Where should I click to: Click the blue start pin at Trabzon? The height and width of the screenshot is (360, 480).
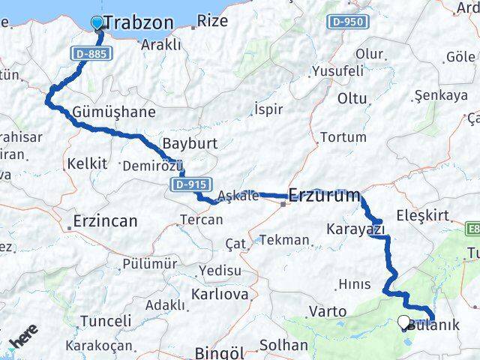[x=97, y=22]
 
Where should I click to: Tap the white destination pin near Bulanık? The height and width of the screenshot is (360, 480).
[x=404, y=322]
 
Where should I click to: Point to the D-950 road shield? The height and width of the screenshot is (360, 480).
[x=347, y=22]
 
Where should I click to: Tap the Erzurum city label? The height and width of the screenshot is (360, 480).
[x=324, y=196]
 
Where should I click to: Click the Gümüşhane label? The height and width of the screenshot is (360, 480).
[x=114, y=112]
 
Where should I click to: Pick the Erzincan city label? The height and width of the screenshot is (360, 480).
[x=105, y=221]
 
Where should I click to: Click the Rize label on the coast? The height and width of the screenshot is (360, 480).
[x=213, y=21]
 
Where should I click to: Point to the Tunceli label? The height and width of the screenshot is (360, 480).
[x=105, y=321]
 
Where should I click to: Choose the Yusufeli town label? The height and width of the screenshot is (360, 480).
[x=338, y=71]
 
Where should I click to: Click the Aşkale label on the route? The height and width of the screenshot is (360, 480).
[x=238, y=196]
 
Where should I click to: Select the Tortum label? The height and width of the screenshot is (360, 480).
[x=343, y=137]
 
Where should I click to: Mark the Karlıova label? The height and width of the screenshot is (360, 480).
[x=220, y=294]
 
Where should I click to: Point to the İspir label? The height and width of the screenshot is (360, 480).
[x=268, y=109]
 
